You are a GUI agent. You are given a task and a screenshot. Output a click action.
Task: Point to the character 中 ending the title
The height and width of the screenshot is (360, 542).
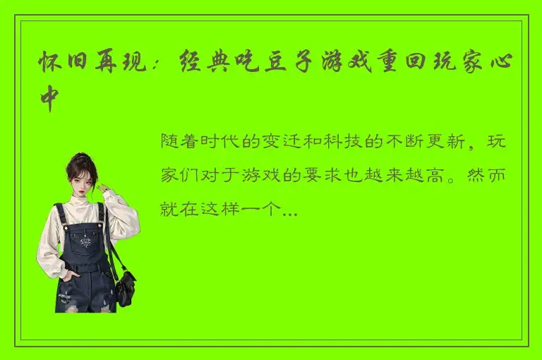coord(52,99)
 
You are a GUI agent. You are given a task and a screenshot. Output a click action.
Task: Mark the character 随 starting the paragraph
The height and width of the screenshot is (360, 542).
coord(170,141)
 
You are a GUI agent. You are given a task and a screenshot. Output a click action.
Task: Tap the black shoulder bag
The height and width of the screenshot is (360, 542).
coord(126,285)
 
